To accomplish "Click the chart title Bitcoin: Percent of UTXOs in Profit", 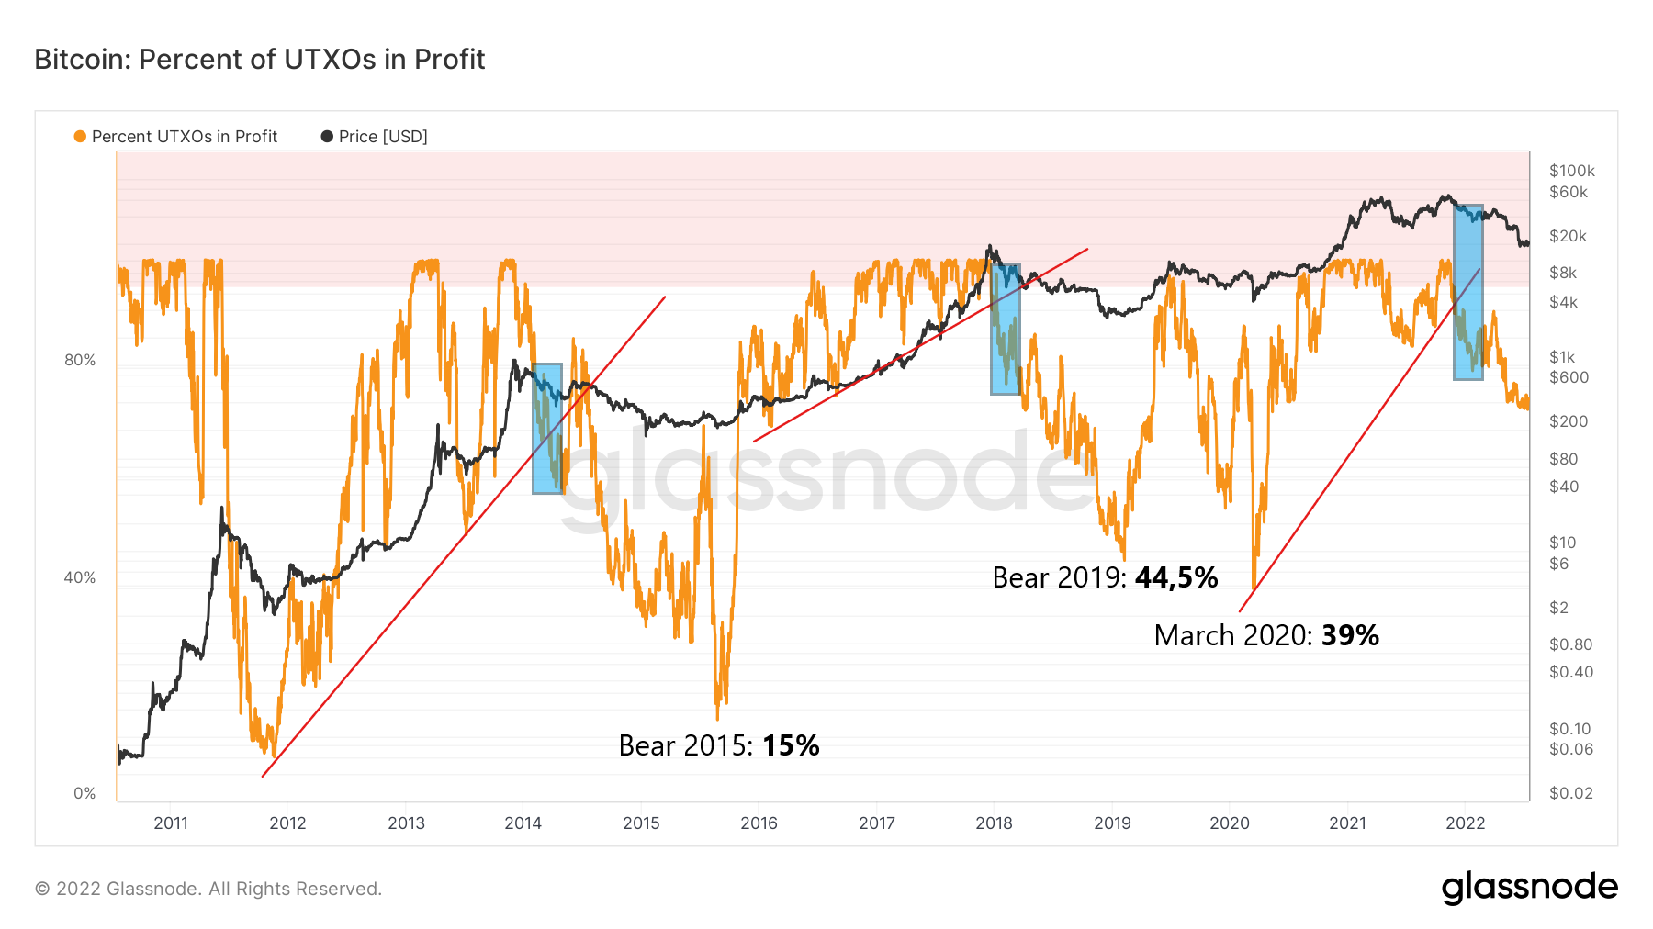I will pos(260,60).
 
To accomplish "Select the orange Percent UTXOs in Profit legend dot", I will pos(80,137).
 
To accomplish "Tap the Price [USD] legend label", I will pos(383,137).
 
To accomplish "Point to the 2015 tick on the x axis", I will pos(641,823).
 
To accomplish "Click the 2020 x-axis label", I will pos(1230,823).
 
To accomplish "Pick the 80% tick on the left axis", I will pos(80,361).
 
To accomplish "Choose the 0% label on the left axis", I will pos(84,794).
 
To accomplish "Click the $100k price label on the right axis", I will pos(1571,171).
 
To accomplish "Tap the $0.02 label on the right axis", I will pos(1570,793).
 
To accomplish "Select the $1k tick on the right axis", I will pos(1562,357).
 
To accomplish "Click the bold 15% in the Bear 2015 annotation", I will pos(791,745).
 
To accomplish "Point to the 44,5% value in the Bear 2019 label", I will pos(1176,577).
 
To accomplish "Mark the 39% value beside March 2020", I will pos(1350,635).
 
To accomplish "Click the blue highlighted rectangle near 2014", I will pos(547,429).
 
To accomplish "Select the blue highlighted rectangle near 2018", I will pos(1005,330).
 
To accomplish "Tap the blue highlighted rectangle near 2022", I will pos(1467,292).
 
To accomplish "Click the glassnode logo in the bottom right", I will pos(1529,888).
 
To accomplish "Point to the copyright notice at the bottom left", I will pos(208,889).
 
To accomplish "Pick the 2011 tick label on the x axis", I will pos(171,823).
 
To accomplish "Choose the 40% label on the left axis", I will pos(80,578).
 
